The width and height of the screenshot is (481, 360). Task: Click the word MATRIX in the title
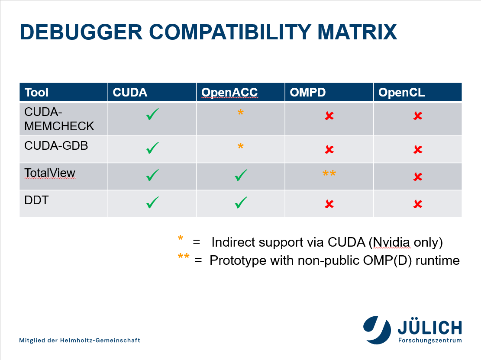pos(357,32)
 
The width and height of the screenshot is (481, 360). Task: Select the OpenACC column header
pos(229,92)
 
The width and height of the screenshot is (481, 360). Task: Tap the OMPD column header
pos(308,92)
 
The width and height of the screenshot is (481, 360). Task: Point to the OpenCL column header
pos(401,92)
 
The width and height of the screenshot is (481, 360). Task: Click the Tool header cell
pos(36,92)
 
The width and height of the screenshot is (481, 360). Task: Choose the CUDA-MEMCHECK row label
pos(59,119)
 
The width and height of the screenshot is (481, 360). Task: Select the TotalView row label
pos(50,173)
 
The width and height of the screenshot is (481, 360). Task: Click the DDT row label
pos(36,200)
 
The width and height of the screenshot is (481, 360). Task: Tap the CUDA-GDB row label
pos(56,146)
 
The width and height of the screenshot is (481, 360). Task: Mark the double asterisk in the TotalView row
pos(329,174)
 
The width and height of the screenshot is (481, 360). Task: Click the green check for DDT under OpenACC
pos(241,202)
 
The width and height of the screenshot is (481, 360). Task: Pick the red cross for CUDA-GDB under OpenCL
pos(418,149)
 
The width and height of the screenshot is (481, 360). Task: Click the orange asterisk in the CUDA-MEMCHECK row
pos(241,112)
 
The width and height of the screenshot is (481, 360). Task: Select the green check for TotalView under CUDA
pos(152,175)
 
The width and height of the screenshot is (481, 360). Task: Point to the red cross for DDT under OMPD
pos(329,204)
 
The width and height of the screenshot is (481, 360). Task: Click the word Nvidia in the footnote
pos(391,242)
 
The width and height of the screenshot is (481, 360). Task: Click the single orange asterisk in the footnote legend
pos(181,238)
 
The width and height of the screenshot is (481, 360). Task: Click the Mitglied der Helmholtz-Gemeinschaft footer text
pos(80,341)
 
